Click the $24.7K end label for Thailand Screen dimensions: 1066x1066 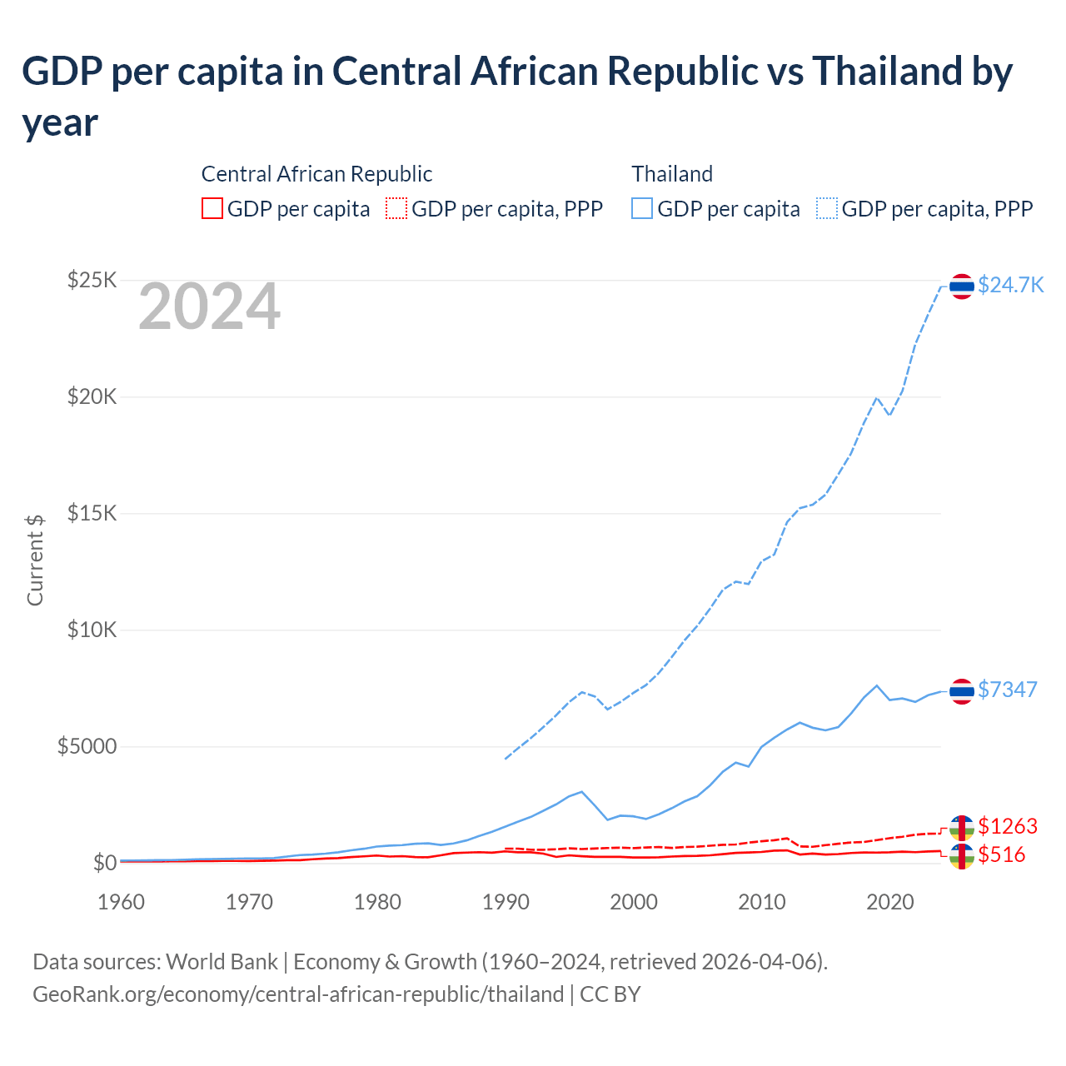click(x=1010, y=285)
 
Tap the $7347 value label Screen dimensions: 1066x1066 click(x=1007, y=690)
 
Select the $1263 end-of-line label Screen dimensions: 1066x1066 click(x=1007, y=826)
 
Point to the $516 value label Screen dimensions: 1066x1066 click(x=1002, y=854)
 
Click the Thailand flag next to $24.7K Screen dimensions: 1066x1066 click(x=962, y=286)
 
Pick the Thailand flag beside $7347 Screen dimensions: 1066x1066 click(x=962, y=690)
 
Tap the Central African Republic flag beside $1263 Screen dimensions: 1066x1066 click(x=962, y=827)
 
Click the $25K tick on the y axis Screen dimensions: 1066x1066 click(x=92, y=280)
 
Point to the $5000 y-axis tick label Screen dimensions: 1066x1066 click(x=87, y=746)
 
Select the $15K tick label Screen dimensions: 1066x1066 click(x=92, y=513)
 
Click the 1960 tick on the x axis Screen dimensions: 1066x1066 click(x=121, y=902)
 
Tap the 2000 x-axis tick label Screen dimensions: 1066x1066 click(x=634, y=902)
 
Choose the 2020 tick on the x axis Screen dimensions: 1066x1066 click(x=890, y=902)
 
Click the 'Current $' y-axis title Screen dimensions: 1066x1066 click(x=35, y=560)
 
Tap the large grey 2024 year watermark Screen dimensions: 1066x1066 click(x=209, y=307)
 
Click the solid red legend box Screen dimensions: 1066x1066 click(x=212, y=208)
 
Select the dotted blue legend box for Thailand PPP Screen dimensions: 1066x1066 click(x=827, y=208)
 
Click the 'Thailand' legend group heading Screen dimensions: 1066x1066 click(x=672, y=174)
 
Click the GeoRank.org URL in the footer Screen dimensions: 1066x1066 click(x=298, y=994)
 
